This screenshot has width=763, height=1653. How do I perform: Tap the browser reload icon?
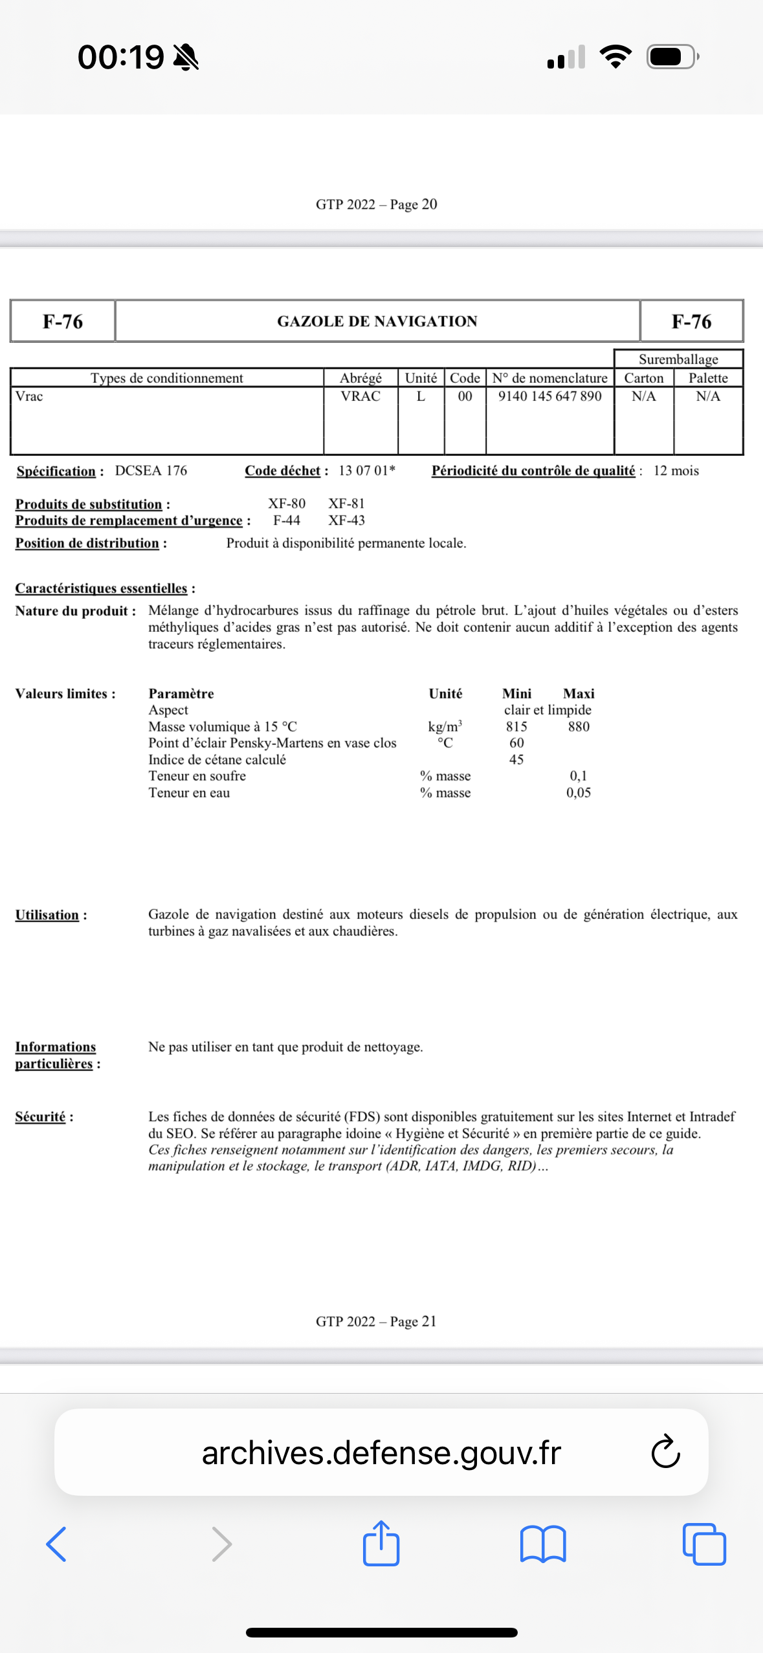click(665, 1452)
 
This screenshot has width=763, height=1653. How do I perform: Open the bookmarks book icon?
click(542, 1544)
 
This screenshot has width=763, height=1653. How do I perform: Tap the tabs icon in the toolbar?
click(703, 1544)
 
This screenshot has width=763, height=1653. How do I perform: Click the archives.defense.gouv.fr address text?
click(381, 1453)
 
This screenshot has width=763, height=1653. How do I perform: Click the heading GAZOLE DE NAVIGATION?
click(377, 321)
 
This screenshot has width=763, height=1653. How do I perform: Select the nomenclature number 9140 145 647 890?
click(549, 396)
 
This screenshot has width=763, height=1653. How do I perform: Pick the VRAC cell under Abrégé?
click(360, 396)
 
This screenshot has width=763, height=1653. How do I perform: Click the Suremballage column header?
click(678, 359)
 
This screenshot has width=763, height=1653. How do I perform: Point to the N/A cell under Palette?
click(708, 396)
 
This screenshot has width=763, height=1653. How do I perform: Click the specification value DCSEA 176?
click(151, 471)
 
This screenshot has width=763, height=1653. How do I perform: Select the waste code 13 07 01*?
click(366, 471)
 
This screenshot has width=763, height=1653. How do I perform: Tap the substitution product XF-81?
click(346, 503)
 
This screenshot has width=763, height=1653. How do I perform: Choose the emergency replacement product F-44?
click(287, 520)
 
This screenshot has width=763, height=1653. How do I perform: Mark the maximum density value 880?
click(579, 726)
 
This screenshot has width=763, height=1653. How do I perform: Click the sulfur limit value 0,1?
click(578, 775)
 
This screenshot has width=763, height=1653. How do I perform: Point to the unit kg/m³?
click(445, 726)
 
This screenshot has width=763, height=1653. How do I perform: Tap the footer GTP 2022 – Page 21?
click(376, 1321)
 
